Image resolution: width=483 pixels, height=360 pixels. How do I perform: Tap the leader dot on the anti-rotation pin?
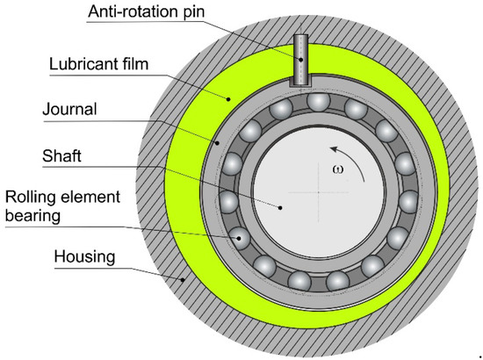pos(299,61)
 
